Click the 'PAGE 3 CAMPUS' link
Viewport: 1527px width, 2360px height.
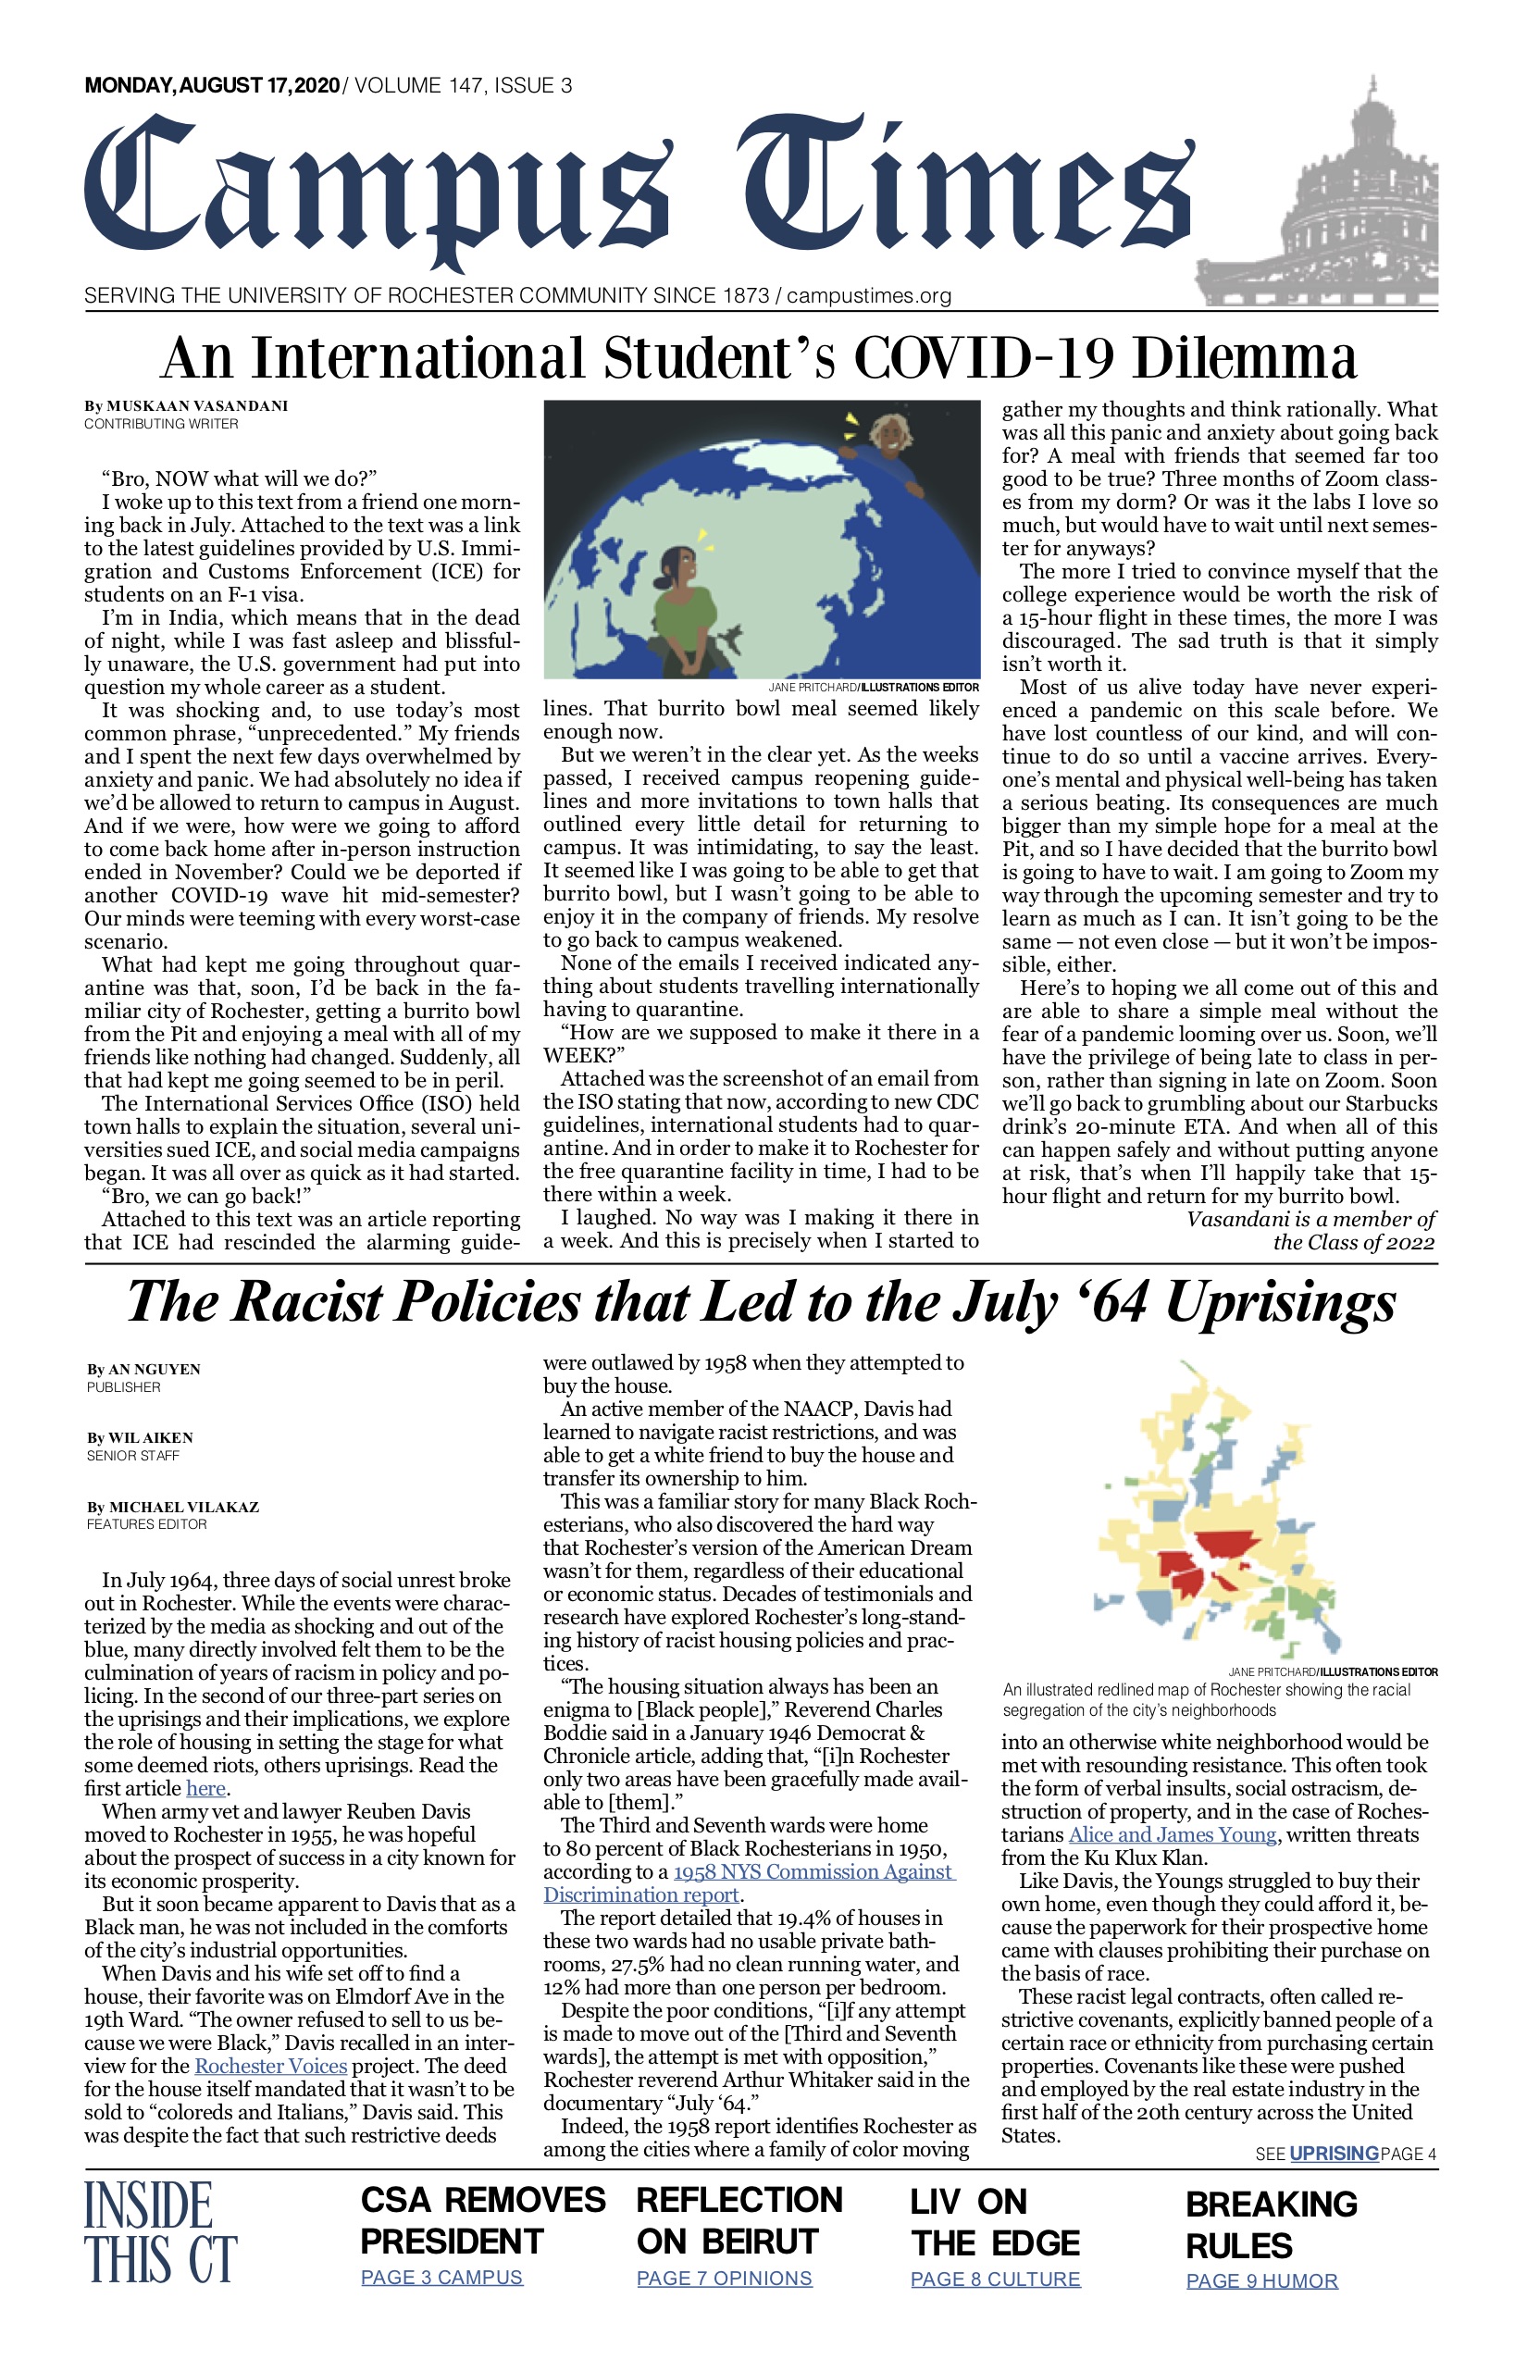tap(441, 2277)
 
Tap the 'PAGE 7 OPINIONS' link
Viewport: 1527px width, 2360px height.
tap(724, 2278)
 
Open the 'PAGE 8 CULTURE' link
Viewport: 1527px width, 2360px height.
tap(995, 2279)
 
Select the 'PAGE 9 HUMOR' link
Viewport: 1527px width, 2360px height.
tap(1261, 2280)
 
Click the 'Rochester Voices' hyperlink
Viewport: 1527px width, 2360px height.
tap(270, 2067)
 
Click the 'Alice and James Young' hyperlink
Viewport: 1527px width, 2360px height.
tap(1172, 1834)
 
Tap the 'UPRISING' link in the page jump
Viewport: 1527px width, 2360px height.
tap(1334, 2153)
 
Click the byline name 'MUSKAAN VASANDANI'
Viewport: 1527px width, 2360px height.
tap(197, 405)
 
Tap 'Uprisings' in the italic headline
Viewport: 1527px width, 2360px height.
tap(1280, 1302)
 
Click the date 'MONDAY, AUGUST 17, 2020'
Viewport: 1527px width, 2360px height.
tap(212, 85)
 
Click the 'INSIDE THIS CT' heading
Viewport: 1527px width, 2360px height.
tap(159, 2231)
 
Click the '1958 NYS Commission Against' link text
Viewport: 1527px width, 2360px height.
tap(813, 1871)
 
